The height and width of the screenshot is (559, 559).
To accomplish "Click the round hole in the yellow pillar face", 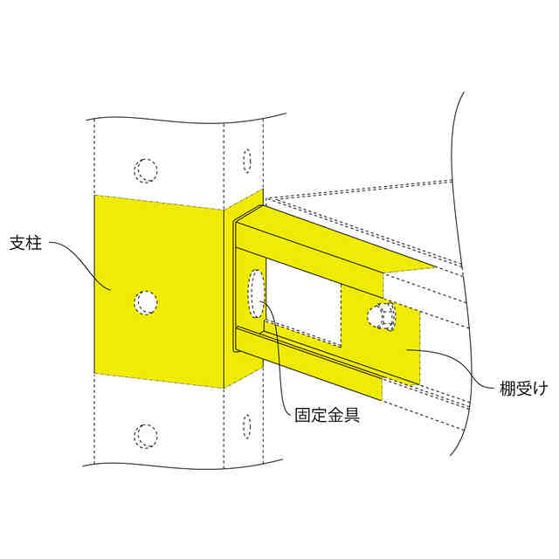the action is pos(146,302).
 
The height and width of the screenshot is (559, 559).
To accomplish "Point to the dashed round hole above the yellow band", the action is pos(146,169).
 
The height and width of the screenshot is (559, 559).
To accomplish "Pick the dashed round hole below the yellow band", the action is pos(146,435).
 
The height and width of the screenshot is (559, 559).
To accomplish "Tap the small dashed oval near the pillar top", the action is pos(247,161).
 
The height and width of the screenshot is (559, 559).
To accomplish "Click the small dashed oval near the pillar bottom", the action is pos(247,427).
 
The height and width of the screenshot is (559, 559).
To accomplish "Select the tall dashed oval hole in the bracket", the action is pos(257,294).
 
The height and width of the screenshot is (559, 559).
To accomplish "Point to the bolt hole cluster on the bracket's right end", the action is pos(383,317).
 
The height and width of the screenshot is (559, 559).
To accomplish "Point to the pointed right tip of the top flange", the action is pos(433,267).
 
